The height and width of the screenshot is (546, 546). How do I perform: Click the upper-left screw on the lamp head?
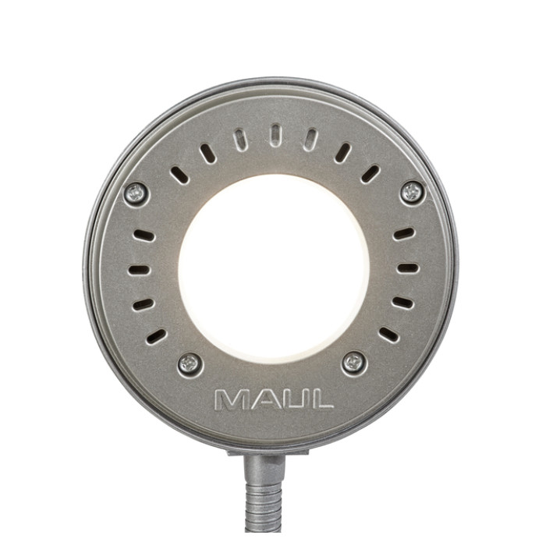[x=136, y=194]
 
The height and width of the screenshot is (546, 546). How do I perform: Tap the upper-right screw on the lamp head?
[x=412, y=192]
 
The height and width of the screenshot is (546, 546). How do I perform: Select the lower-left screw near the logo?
[x=190, y=364]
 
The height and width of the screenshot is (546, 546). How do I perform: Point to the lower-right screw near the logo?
[x=354, y=363]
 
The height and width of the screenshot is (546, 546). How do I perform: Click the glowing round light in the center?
[x=274, y=269]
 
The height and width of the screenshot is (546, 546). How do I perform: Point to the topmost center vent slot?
[x=275, y=135]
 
